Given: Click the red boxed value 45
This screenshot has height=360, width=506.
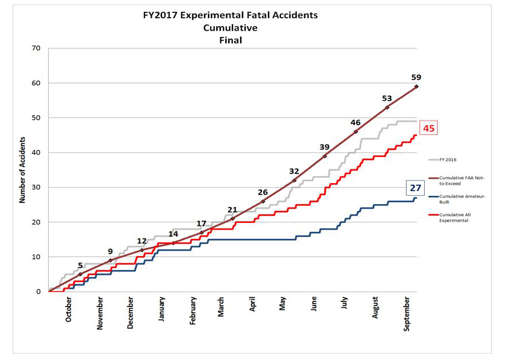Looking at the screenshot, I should coord(429,129).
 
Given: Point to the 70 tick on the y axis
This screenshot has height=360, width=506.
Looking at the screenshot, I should coord(36,48).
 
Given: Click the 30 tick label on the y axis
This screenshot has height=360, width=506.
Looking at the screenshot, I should coord(36,188).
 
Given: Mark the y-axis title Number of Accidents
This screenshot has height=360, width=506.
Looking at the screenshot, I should coord(23,169).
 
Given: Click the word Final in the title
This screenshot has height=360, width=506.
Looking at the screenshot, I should coord(230,40).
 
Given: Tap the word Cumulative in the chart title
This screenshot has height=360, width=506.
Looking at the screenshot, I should coord(230,28).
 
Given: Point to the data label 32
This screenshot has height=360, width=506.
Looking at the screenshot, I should coord(294,171).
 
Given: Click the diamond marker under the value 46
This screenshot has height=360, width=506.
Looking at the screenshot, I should coord(356,131).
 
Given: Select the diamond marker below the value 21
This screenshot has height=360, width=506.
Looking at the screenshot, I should coord(233,218).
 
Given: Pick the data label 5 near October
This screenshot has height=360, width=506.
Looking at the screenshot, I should coord(80,265).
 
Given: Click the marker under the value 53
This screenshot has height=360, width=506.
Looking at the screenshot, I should coord(387,107).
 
